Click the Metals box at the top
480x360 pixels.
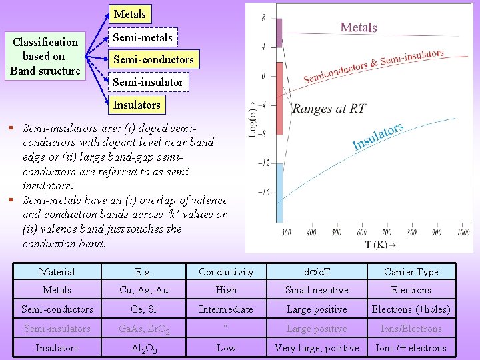[x=129, y=14]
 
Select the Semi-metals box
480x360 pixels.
[x=142, y=37]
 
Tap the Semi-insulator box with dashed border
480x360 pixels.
[x=147, y=82]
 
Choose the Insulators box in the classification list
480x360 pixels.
[x=137, y=105]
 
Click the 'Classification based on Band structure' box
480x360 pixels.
[x=45, y=56]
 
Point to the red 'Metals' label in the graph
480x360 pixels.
[x=359, y=27]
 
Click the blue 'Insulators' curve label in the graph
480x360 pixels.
[x=378, y=137]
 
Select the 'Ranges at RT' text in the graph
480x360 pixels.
[x=329, y=109]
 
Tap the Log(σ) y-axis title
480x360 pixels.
[x=253, y=119]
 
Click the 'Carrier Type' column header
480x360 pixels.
[x=411, y=271]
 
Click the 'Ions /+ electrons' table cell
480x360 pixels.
[x=411, y=348]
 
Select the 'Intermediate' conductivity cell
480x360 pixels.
[x=226, y=309]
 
